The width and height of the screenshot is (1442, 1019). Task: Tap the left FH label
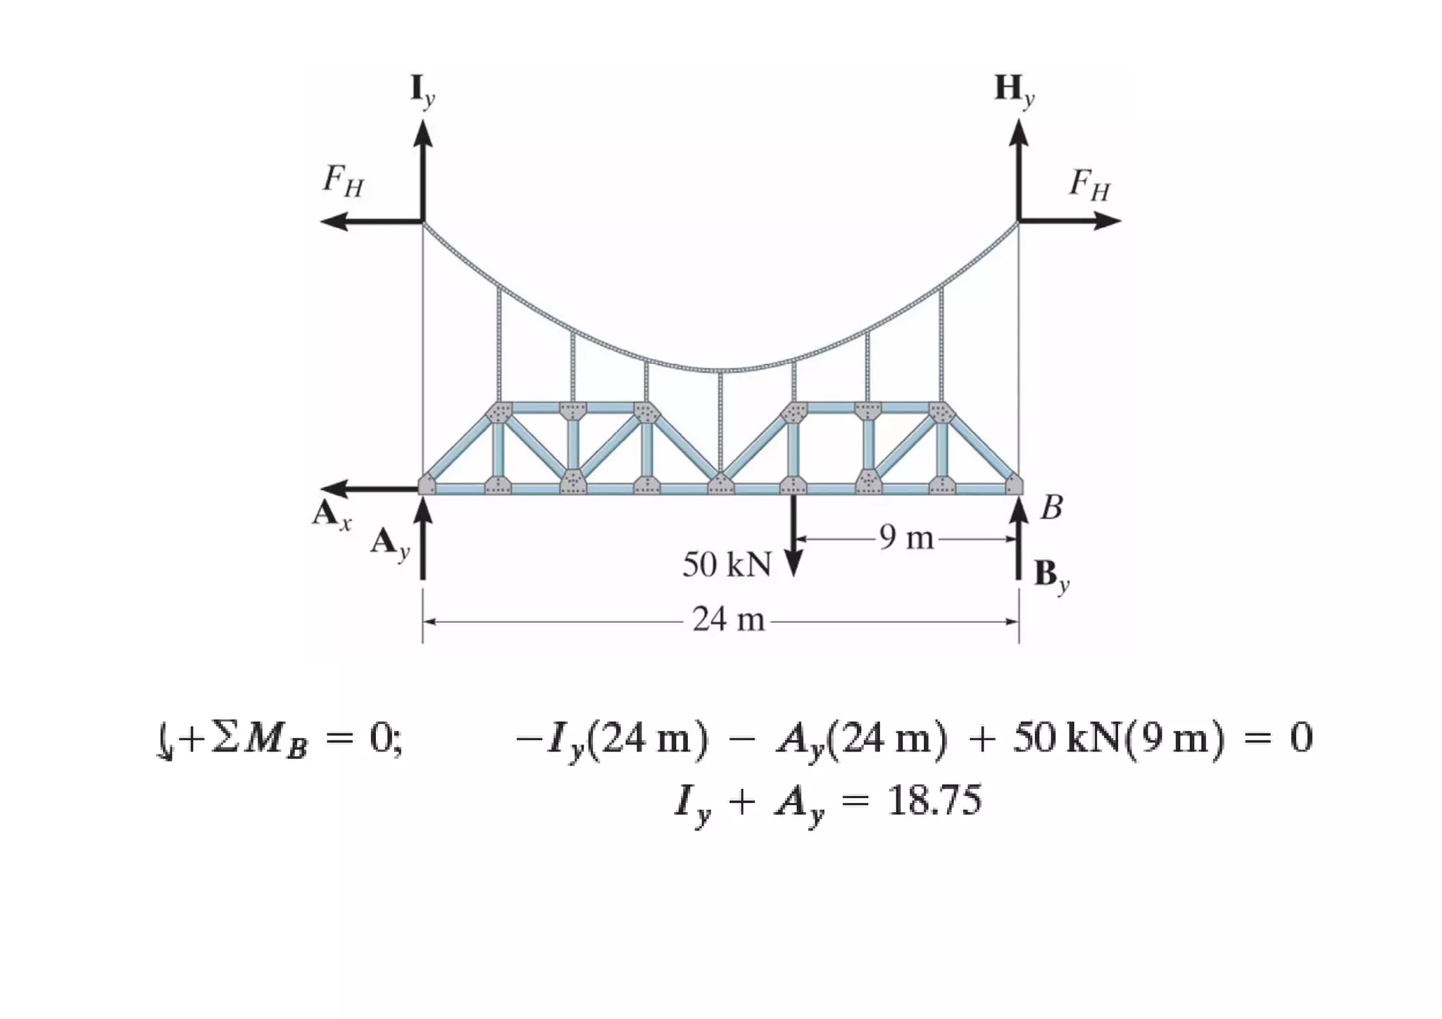click(x=344, y=182)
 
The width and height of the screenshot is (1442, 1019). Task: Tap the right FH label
click(x=1089, y=185)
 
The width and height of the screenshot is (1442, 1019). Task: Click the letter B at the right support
click(x=1051, y=508)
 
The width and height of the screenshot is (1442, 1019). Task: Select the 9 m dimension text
click(x=906, y=538)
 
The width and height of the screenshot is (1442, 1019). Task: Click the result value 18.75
click(x=934, y=801)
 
